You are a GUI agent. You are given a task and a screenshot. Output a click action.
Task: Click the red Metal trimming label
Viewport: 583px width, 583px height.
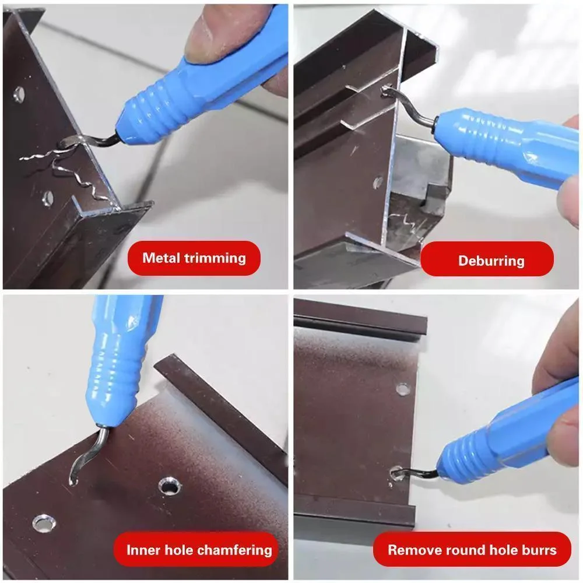(x=194, y=258)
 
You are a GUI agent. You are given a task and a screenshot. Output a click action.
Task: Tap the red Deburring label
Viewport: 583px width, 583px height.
(x=487, y=260)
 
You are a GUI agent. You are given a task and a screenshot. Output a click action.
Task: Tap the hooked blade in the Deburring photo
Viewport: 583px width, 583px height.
(x=408, y=105)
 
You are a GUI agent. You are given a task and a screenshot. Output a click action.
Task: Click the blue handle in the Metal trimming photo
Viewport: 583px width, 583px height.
(x=198, y=87)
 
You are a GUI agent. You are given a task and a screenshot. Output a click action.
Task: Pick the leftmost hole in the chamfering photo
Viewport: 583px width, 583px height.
(x=44, y=522)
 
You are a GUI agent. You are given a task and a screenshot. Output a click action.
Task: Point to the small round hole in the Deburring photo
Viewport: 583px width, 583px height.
(x=378, y=182)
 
